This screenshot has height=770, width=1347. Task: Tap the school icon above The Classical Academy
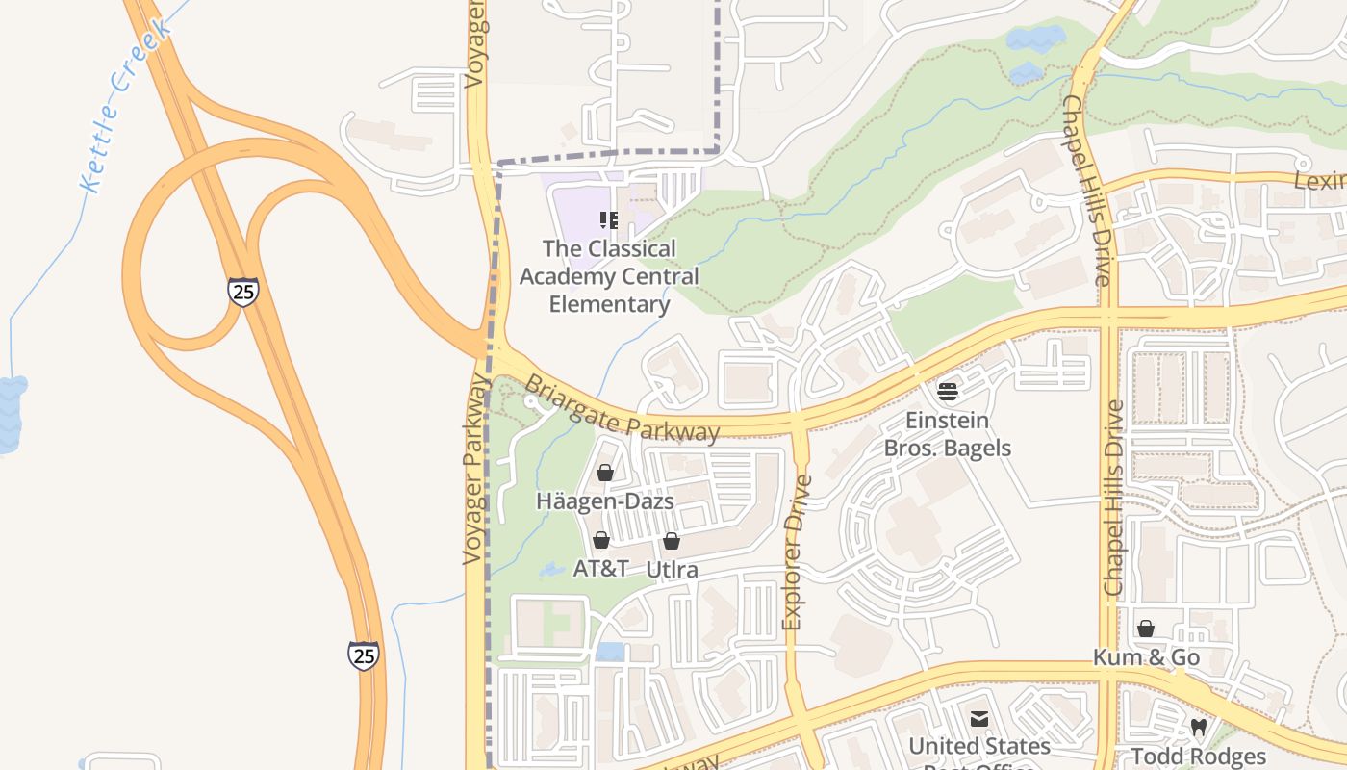(x=608, y=220)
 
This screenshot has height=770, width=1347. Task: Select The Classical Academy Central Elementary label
(x=609, y=276)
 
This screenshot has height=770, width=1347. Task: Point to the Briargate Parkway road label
(x=622, y=408)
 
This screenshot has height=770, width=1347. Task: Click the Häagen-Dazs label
(x=604, y=501)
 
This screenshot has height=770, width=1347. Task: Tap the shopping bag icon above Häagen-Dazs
(x=605, y=473)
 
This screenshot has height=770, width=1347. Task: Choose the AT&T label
(x=600, y=569)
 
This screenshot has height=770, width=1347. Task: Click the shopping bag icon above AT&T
(x=601, y=540)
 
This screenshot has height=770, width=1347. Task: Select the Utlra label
(x=672, y=570)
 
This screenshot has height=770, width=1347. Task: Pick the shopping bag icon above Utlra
(x=672, y=541)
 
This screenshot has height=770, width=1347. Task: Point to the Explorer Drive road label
(x=796, y=552)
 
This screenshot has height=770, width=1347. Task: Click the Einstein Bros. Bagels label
(x=948, y=434)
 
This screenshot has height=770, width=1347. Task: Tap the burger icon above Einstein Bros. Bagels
(x=948, y=391)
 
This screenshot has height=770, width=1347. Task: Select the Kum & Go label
(x=1146, y=657)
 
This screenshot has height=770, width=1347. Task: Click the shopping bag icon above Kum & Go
(x=1146, y=629)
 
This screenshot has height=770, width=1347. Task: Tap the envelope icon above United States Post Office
(x=979, y=718)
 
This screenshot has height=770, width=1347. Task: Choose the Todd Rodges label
(x=1198, y=756)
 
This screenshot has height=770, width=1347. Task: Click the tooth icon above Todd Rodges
(x=1198, y=727)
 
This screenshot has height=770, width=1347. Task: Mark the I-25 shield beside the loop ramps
(x=243, y=291)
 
